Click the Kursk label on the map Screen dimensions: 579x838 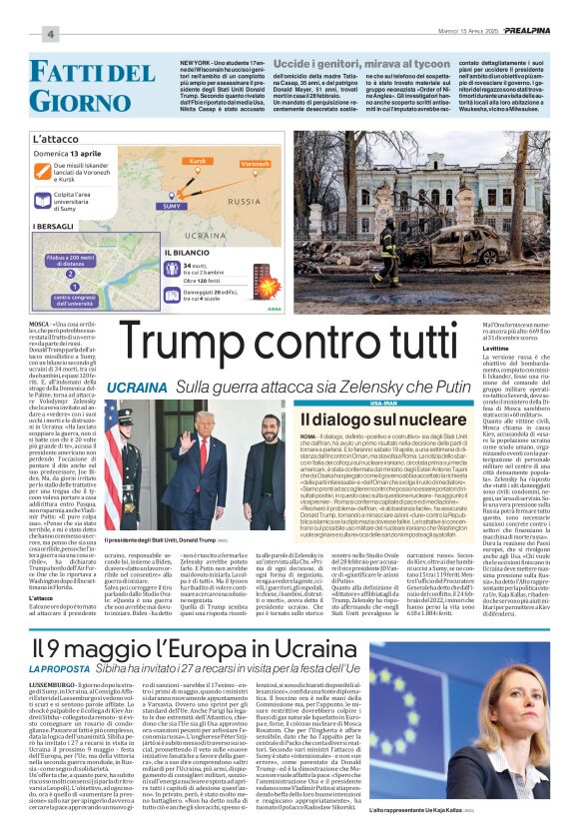tap(197, 160)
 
